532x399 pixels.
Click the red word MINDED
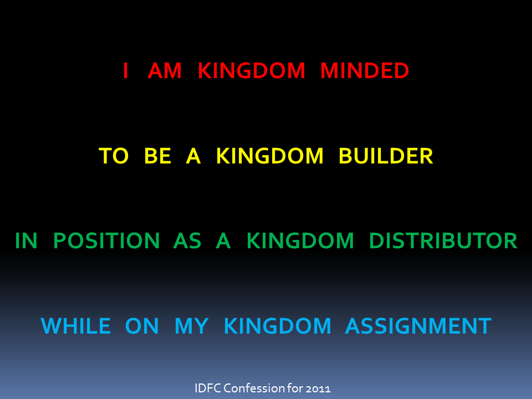(x=365, y=70)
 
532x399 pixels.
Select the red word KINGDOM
(x=252, y=70)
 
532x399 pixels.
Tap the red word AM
(x=165, y=70)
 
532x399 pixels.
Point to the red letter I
(x=126, y=70)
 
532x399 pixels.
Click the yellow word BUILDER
(x=386, y=156)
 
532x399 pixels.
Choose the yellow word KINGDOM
(x=270, y=156)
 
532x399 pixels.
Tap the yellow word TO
(x=114, y=156)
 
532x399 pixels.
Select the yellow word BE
(x=157, y=156)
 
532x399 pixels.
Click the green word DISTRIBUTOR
(x=443, y=241)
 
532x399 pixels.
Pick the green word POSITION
(x=106, y=241)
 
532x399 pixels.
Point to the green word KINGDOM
(x=300, y=241)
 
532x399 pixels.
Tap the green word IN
(x=26, y=241)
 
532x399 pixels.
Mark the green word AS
(x=187, y=241)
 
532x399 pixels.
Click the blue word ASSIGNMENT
(x=418, y=326)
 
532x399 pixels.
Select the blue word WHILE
(x=76, y=326)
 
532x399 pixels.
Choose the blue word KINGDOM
(x=278, y=326)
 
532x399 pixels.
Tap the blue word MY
(x=191, y=326)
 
